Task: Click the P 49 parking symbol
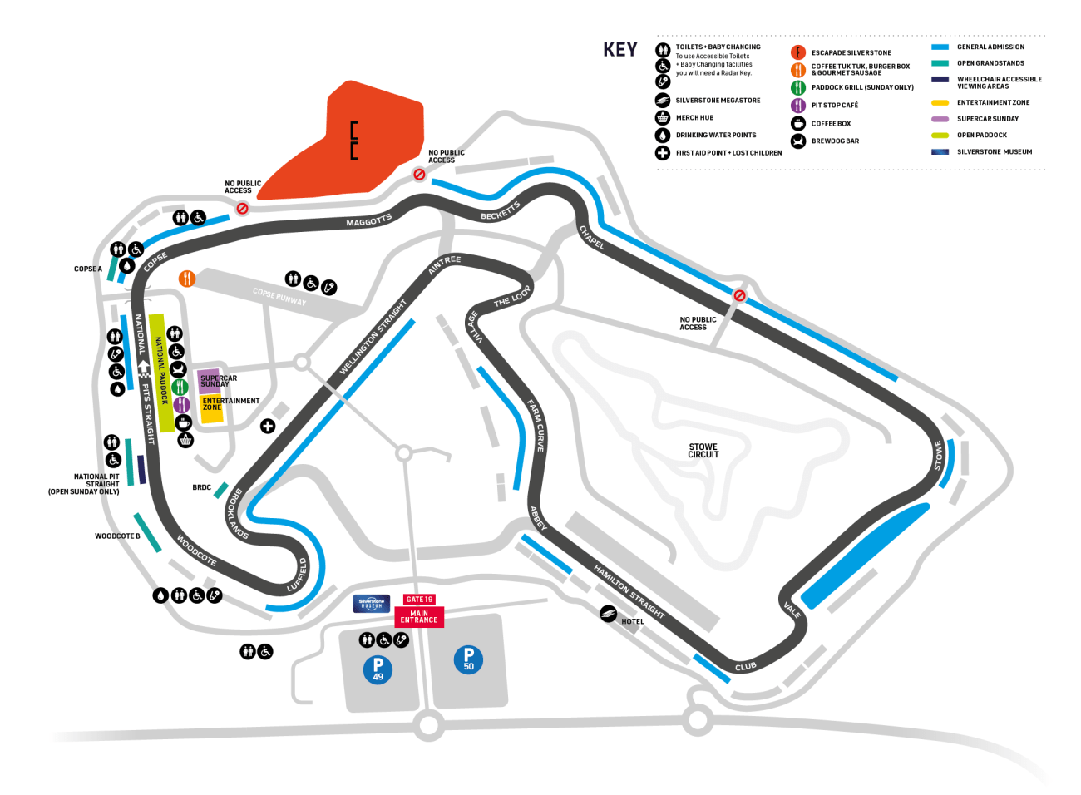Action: [378, 669]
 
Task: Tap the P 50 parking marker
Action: [468, 659]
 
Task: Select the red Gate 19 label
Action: [419, 599]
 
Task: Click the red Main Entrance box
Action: [419, 617]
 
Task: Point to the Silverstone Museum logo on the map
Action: [372, 604]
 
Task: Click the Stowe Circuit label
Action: [703, 451]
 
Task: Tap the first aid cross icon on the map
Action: [268, 427]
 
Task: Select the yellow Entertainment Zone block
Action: [213, 407]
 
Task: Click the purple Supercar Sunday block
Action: [210, 381]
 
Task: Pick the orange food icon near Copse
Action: [187, 279]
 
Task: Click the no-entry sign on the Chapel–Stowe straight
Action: [739, 295]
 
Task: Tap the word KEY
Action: [620, 50]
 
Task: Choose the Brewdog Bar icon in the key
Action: [798, 141]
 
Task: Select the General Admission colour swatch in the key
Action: [940, 47]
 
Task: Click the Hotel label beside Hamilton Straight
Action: [633, 621]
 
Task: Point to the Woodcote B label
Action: [117, 536]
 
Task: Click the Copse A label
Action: [88, 269]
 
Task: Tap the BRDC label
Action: [201, 487]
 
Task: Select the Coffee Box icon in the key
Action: [798, 123]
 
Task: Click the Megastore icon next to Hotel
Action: [609, 614]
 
